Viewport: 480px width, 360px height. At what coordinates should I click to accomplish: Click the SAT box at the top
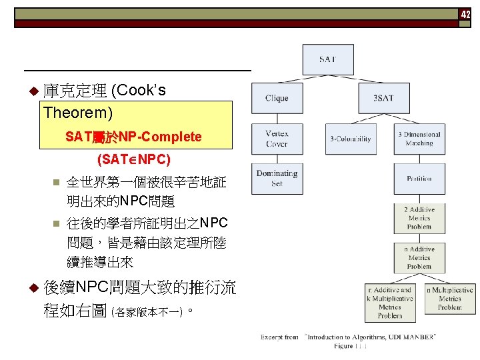pyautogui.click(x=327, y=59)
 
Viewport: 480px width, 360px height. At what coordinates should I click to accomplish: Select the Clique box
pyautogui.click(x=277, y=99)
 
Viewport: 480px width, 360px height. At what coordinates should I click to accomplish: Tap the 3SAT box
pyautogui.click(x=383, y=99)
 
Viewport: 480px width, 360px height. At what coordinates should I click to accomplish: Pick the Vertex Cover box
pyautogui.click(x=277, y=139)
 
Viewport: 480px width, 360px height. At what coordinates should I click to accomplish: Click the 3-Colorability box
pyautogui.click(x=351, y=139)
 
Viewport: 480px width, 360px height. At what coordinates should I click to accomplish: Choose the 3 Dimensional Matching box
pyautogui.click(x=419, y=139)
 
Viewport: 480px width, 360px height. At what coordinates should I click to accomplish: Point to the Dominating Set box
pyautogui.click(x=277, y=178)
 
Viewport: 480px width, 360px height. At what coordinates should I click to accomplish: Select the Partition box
pyautogui.click(x=419, y=178)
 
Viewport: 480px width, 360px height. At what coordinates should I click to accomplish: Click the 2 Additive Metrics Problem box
pyautogui.click(x=419, y=218)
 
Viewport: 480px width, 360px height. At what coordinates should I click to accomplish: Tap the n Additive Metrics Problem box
pyautogui.click(x=419, y=257)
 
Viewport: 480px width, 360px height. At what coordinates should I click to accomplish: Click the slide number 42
pyautogui.click(x=466, y=14)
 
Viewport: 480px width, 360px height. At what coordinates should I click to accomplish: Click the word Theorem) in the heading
pyautogui.click(x=78, y=112)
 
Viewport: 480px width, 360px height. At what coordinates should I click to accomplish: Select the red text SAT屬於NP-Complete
pyautogui.click(x=133, y=137)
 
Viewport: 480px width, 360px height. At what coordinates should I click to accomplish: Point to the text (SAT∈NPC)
pyautogui.click(x=133, y=159)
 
